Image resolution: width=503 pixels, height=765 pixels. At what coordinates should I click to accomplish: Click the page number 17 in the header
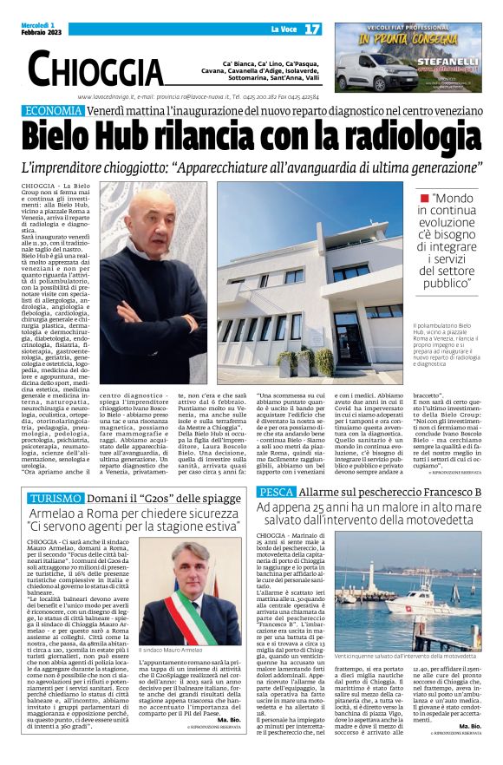313,30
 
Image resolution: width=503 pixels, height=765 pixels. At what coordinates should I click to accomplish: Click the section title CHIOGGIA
95,68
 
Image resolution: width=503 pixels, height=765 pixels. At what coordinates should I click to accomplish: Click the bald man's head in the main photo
155,208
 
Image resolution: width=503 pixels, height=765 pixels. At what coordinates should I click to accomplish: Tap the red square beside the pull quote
424,199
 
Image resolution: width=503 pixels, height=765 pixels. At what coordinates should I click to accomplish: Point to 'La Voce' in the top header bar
284,30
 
